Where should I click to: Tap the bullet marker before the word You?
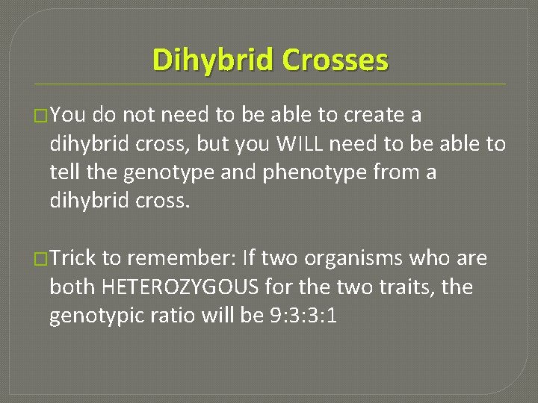coord(43,116)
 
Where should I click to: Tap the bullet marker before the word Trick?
coord(43,259)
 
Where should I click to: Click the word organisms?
coord(339,259)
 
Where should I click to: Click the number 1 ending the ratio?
coord(332,316)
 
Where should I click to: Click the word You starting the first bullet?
coord(68,116)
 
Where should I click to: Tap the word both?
coord(72,287)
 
